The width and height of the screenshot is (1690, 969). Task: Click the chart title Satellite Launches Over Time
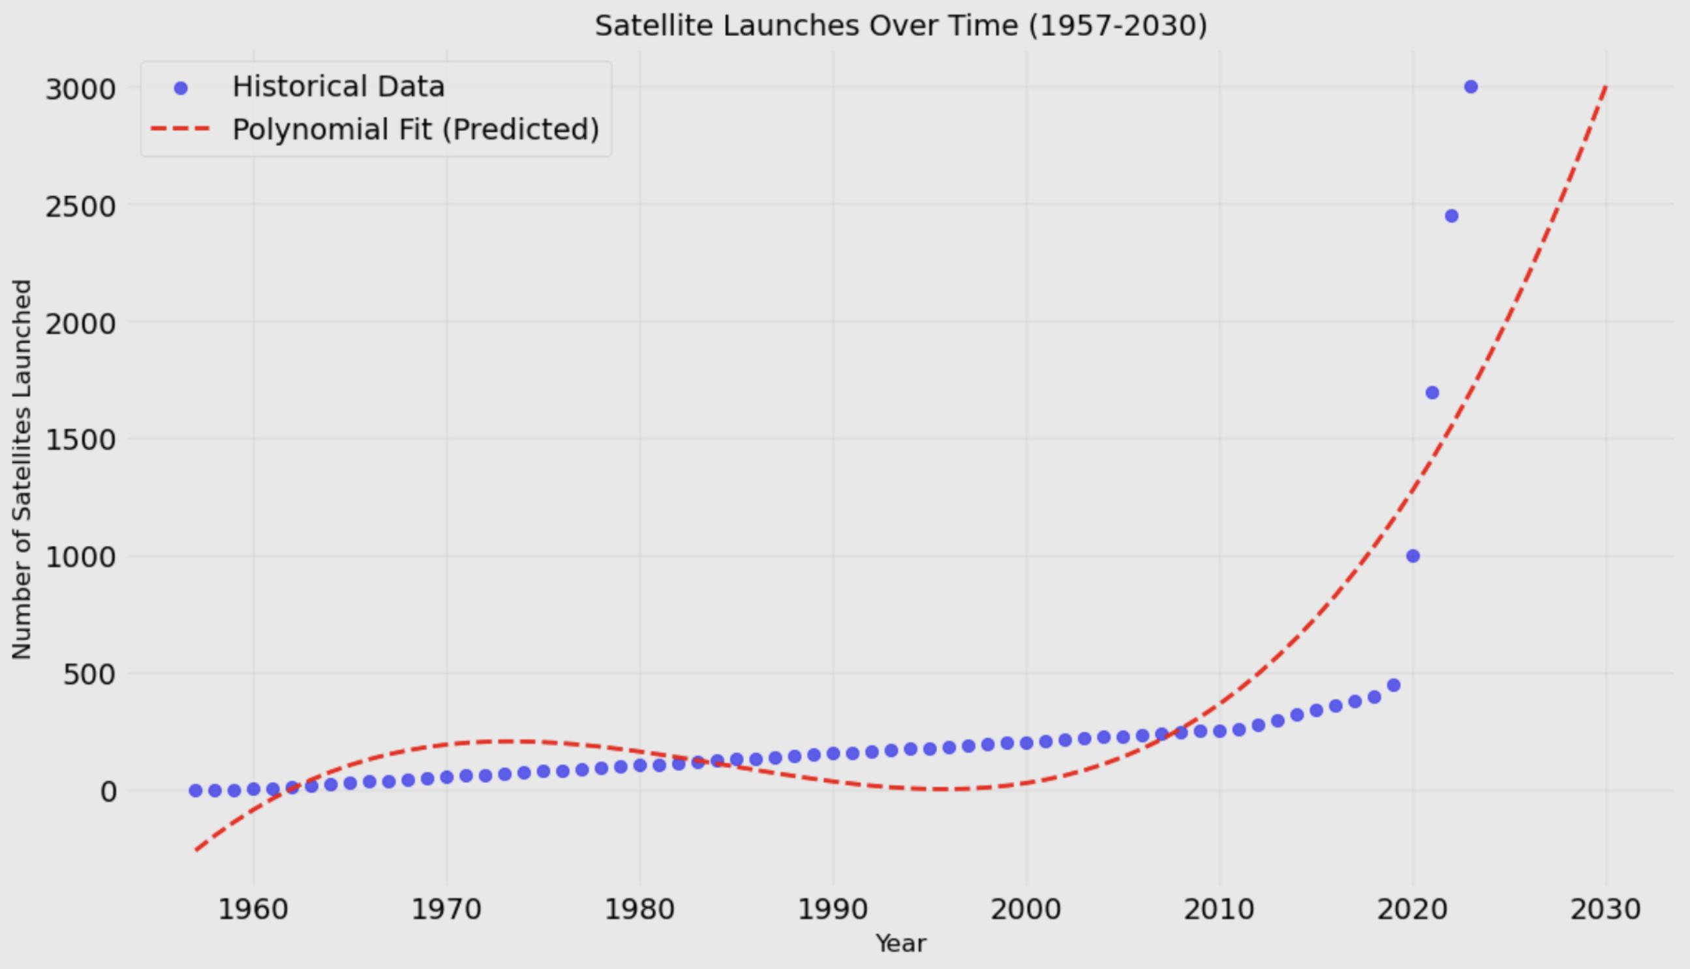(900, 27)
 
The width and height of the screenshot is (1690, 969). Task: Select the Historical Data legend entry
(337, 87)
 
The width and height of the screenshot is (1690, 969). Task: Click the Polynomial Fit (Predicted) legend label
(415, 130)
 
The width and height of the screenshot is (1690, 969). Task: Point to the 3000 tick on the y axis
(80, 89)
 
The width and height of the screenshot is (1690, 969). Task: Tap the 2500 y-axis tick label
(80, 206)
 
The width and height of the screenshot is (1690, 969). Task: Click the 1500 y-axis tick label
(80, 440)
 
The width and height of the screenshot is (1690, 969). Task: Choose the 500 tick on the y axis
(89, 675)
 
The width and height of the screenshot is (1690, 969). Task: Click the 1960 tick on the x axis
(253, 910)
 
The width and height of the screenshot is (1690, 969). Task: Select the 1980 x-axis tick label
(639, 910)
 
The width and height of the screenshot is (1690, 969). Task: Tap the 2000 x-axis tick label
(1026, 910)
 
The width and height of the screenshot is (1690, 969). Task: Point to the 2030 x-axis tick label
(1605, 910)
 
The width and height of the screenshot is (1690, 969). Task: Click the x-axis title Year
(900, 944)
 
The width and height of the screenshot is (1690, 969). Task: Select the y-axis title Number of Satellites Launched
(22, 470)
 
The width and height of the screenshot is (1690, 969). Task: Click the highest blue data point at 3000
(1471, 87)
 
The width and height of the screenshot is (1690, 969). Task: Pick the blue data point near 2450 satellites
(1452, 216)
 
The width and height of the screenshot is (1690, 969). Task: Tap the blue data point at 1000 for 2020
(1413, 556)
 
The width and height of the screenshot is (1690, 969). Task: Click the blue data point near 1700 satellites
(1432, 393)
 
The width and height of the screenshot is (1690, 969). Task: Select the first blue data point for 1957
(195, 790)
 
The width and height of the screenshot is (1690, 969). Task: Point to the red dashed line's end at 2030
(1605, 87)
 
